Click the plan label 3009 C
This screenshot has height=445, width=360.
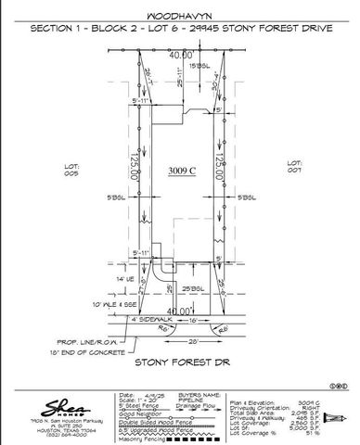[x=182, y=171]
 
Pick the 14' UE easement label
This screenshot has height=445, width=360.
[x=98, y=278]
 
